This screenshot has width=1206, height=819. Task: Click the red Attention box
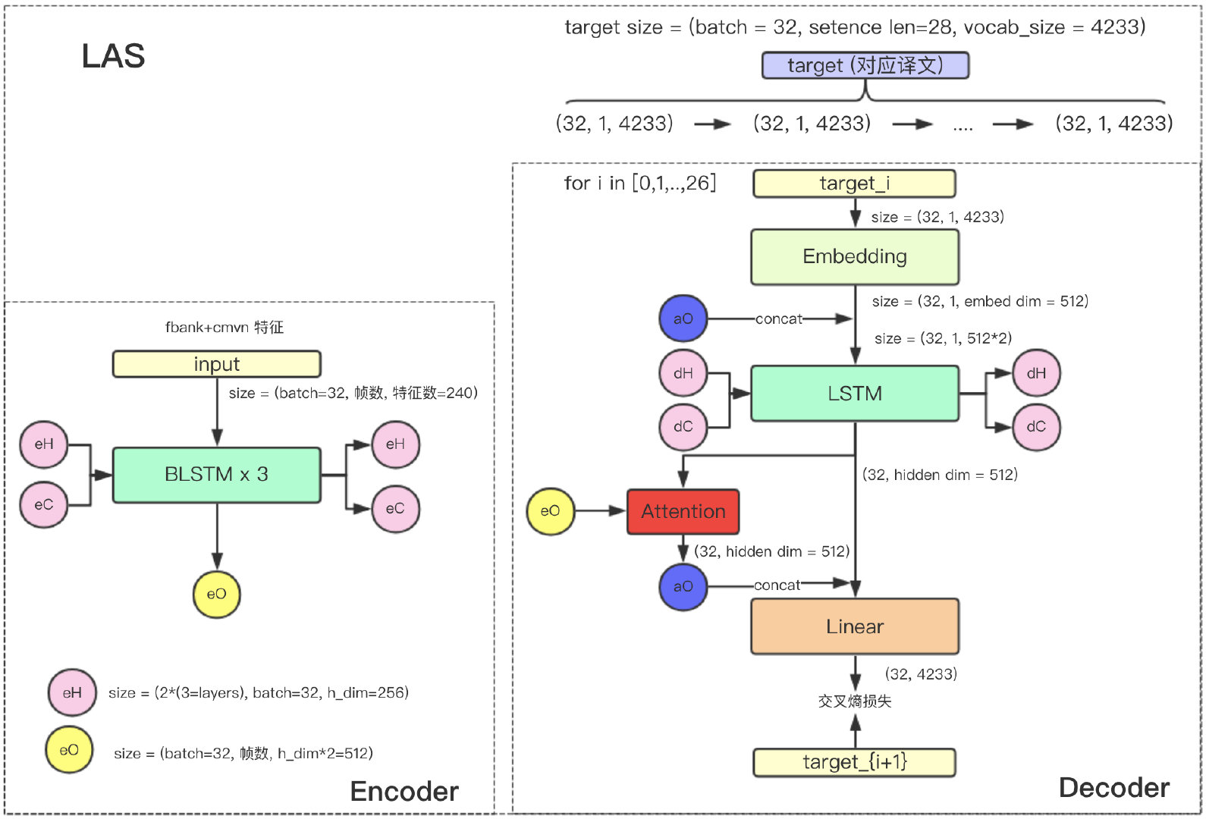coord(683,512)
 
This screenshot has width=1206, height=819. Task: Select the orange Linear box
coord(855,626)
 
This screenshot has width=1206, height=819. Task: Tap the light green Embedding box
coord(855,257)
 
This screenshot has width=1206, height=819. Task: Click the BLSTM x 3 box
coord(216,475)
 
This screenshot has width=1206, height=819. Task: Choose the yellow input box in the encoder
coord(216,364)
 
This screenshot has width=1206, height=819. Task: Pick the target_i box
coord(854,184)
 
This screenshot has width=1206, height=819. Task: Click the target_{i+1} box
coord(854,762)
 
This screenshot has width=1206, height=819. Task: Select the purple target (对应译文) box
coord(865,65)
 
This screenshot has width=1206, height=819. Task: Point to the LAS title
coord(113,56)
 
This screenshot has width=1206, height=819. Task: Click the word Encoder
coord(404,791)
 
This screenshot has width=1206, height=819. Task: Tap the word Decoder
coord(1113,788)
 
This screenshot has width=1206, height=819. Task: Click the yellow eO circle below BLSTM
coord(216,594)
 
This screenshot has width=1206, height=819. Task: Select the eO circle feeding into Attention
coord(550,511)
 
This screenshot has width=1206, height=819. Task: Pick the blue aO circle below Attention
coord(683,586)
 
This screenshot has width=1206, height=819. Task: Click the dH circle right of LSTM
coord(1036,373)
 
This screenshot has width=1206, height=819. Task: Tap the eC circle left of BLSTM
coord(44,504)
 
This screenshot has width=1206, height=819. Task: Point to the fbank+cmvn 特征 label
coord(225,328)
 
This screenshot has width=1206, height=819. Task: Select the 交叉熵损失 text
coord(855,701)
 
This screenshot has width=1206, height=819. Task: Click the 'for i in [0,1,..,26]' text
coord(639,184)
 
